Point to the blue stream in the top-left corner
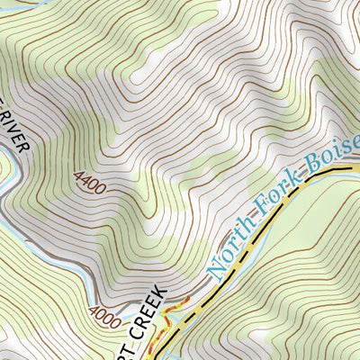[18, 7]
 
